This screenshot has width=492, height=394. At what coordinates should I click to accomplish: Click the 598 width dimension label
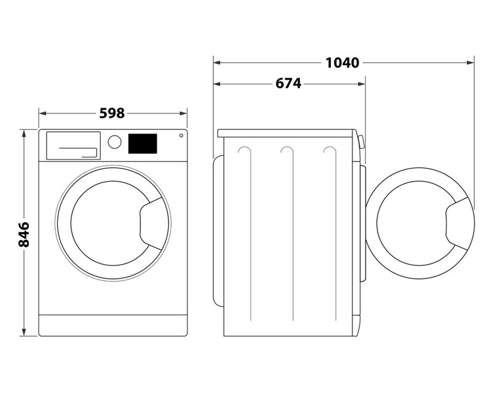(112, 113)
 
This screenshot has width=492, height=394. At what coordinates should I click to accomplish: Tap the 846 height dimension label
(25, 234)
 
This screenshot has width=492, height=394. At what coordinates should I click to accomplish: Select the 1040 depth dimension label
(343, 62)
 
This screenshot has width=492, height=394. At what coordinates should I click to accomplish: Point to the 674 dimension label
(288, 83)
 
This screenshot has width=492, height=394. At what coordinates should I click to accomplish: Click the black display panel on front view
(142, 143)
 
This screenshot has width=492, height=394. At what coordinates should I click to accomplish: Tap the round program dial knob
(114, 142)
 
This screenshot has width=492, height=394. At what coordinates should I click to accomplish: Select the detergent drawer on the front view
(73, 145)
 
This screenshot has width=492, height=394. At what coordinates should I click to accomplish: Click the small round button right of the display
(181, 135)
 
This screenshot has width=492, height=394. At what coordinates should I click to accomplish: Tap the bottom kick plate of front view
(113, 325)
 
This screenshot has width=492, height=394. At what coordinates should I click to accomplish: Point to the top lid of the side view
(286, 132)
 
